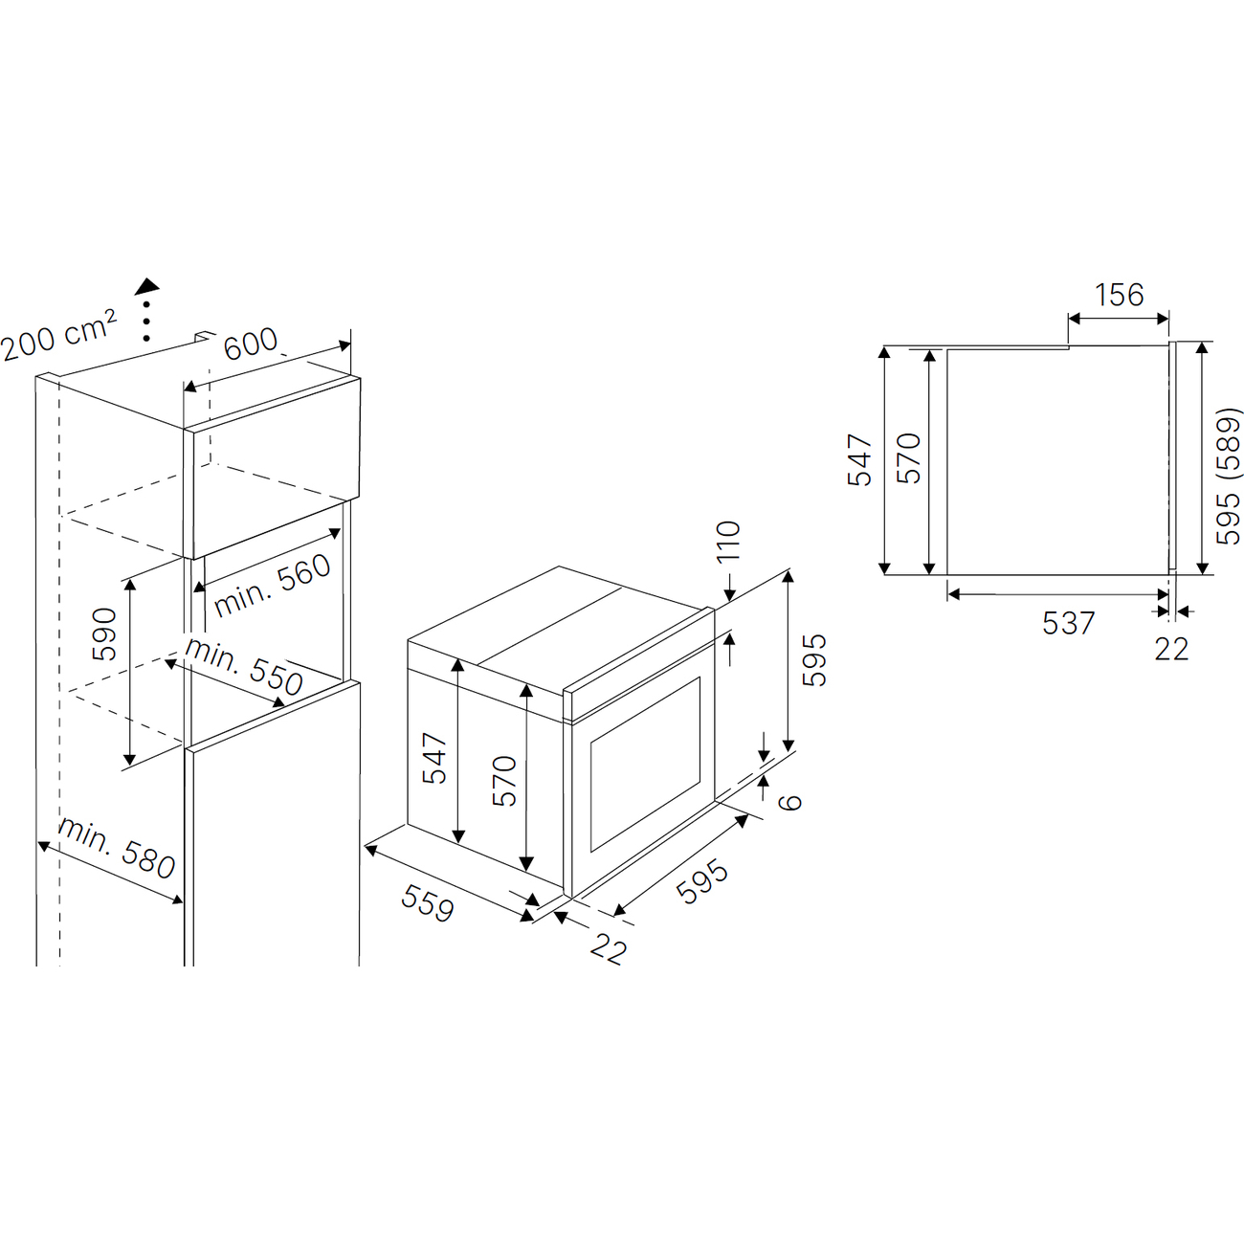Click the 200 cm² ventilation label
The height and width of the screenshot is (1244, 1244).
[x=58, y=335]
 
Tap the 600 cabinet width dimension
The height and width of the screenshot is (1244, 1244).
[x=251, y=343]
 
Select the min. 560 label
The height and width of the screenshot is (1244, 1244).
[x=272, y=586]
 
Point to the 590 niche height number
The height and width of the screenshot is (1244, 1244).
[x=104, y=633]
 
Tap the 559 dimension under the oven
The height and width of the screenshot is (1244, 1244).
[x=428, y=902]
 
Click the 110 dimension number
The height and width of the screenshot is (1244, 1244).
[x=728, y=541]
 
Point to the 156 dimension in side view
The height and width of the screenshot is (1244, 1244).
[x=1120, y=295]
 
